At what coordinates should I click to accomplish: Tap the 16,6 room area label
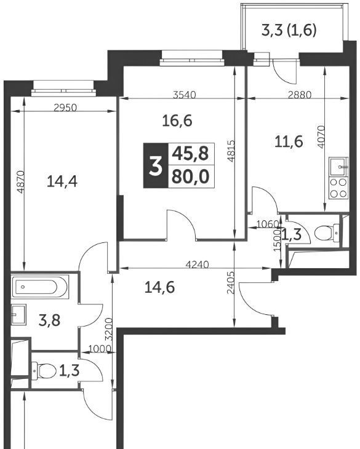pos(177,121)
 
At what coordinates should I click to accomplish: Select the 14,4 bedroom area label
pos(62,181)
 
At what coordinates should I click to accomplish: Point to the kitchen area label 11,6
pos(289,141)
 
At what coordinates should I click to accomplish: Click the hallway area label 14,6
pos(159,287)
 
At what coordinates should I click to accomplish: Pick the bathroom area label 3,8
pos(49,320)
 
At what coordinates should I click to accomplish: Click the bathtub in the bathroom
pos(40,287)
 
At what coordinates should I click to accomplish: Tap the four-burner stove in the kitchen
pos(338,188)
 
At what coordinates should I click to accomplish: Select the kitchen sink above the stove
pos(338,167)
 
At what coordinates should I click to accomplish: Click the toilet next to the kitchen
pos(327,232)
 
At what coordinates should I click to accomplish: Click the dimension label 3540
pos(185,95)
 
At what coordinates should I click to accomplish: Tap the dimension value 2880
pos(299,95)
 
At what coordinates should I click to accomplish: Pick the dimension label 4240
pos(197,264)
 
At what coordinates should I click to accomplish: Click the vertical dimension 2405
pos(231,283)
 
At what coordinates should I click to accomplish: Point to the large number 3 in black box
pos(156,165)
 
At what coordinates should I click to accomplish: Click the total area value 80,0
pos(190,177)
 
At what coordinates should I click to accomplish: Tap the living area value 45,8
pos(190,154)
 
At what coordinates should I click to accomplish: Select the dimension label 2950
pos(66,108)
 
